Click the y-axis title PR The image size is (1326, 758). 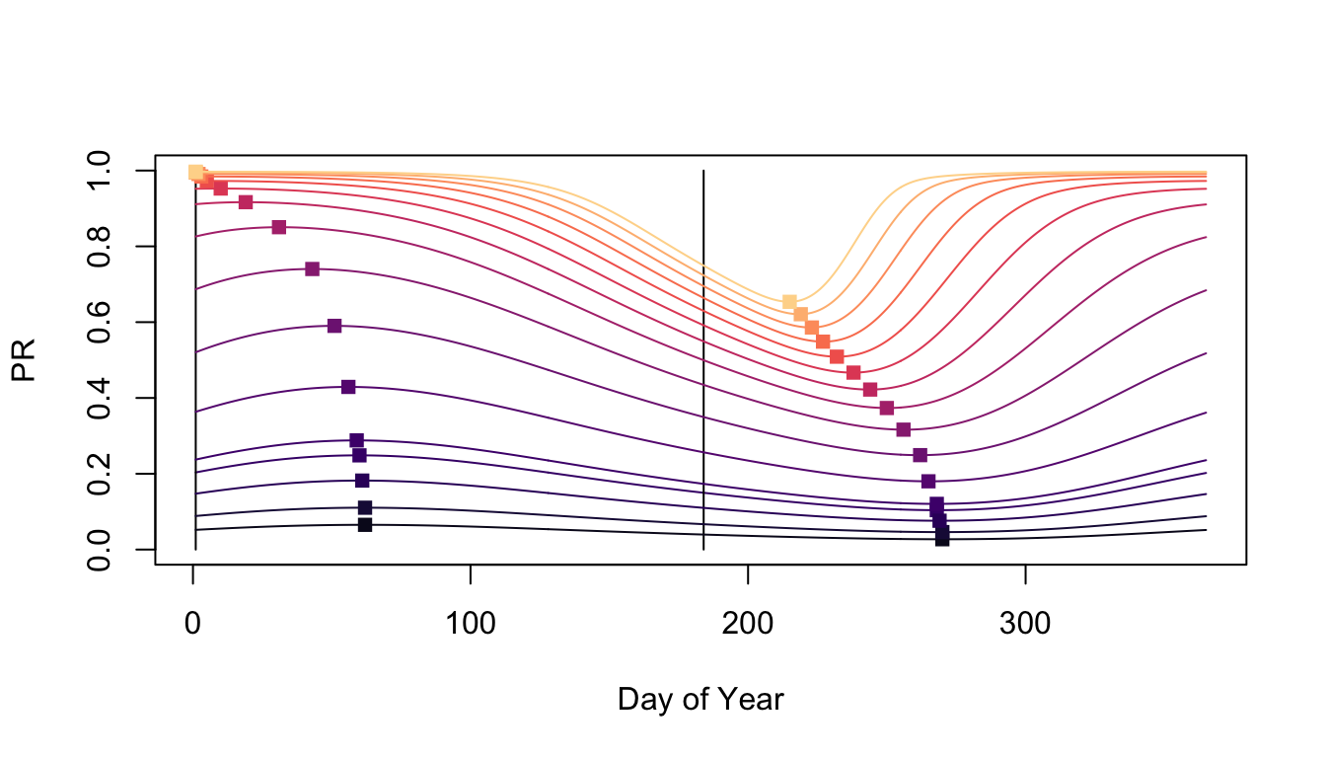coord(24,359)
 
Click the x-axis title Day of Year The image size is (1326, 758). coord(700,700)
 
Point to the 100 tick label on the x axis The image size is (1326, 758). coord(471,625)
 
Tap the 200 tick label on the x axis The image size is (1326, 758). coord(748,625)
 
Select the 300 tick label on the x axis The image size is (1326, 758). coord(1025,625)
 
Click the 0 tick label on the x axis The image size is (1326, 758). coord(193,625)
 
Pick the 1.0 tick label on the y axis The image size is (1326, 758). coord(99,171)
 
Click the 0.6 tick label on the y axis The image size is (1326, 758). coord(99,322)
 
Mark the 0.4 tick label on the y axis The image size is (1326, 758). coord(99,398)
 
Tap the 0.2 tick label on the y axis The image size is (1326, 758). coord(99,474)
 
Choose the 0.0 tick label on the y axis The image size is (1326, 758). coord(99,549)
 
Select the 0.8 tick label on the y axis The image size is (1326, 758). coord(99,247)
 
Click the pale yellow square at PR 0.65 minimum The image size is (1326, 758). coord(789,302)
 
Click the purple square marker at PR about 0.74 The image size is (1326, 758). coord(312,268)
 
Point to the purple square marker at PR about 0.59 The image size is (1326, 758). coord(334,326)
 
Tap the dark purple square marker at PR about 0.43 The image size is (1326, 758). coord(348,387)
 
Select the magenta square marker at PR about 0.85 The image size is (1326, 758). coord(279,227)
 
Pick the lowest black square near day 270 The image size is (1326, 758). coord(942,538)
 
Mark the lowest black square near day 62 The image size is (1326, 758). coord(365,524)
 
